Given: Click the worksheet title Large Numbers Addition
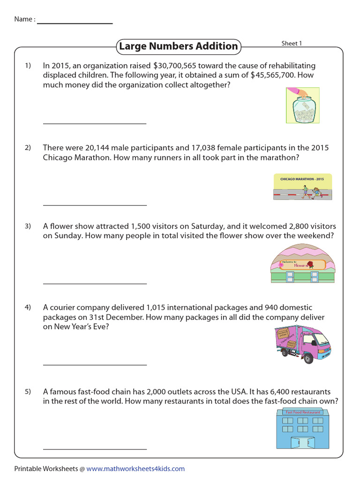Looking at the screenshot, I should tap(178, 46).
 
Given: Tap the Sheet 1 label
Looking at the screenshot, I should tap(292, 43).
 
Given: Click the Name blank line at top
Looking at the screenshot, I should tap(75, 23).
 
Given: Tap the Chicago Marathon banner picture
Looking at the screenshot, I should tap(302, 187).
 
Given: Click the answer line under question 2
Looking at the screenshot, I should tap(95, 205).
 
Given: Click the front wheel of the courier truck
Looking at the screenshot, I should tap(308, 359).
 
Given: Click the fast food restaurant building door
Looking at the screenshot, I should tap(300, 442).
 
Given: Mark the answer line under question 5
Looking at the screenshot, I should tap(95, 449).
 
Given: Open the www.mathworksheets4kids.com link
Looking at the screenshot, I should tap(135, 468).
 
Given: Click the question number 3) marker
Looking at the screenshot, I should tap(28, 226).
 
